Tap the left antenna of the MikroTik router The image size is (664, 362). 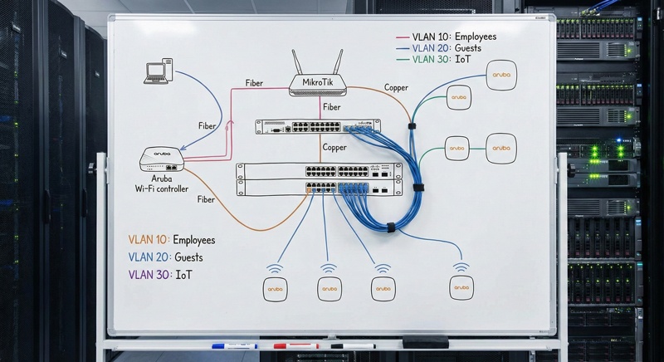point(297,61)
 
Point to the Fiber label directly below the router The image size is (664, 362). point(332,107)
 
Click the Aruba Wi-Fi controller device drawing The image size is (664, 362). point(162,159)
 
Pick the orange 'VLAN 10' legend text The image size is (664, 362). point(145,240)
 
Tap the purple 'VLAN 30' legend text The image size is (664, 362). point(145,273)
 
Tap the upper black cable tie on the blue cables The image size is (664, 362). point(411,126)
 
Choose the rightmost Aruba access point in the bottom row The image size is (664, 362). point(461,287)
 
